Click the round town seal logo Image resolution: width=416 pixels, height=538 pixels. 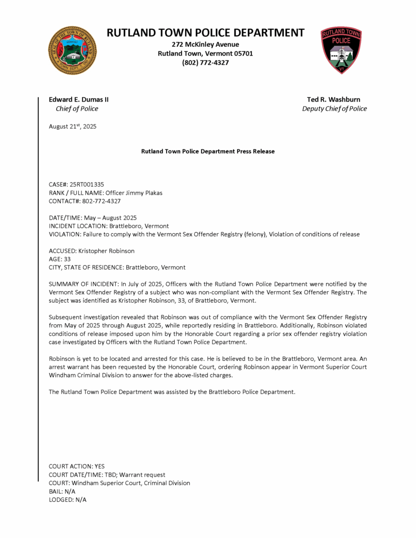(73, 50)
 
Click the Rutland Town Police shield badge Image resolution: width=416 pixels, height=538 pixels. (341, 50)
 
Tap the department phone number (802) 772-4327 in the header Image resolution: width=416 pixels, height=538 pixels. (205, 63)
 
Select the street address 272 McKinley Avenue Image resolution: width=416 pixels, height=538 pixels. (205, 44)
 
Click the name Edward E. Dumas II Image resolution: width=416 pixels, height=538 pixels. (78, 99)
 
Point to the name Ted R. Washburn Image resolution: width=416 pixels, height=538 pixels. (334, 99)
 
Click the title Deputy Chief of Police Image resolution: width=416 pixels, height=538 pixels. (334, 109)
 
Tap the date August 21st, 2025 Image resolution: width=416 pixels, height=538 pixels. (73, 127)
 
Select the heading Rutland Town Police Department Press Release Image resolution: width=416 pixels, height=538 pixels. (208, 151)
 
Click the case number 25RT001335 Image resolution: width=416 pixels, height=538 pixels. (87, 184)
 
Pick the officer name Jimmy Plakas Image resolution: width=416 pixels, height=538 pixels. (144, 193)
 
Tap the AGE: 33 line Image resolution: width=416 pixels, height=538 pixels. (59, 259)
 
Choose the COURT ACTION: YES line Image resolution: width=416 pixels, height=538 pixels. (76, 466)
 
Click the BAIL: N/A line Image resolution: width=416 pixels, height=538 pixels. (62, 491)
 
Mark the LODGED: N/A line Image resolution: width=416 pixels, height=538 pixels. (67, 500)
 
